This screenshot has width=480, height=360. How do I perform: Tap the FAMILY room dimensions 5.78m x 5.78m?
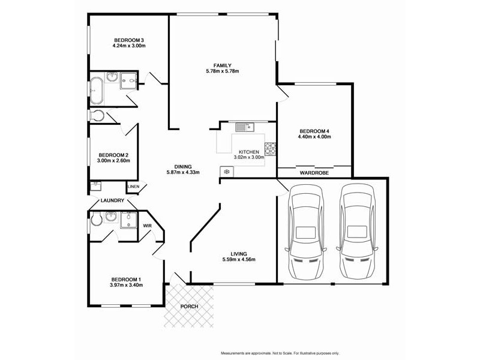pos(222,71)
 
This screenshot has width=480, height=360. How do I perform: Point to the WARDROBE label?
pos(314,173)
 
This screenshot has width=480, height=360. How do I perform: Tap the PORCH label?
pos(189,307)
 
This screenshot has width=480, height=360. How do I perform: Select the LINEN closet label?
pos(133,187)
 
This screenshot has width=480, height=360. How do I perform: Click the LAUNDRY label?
pos(113,200)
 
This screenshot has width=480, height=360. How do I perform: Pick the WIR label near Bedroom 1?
pos(147,226)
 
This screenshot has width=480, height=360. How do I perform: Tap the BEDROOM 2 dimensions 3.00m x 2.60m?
pos(114,161)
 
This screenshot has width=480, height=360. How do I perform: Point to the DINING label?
pos(183,166)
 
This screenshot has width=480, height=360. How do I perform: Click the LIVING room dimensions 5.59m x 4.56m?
pos(239,260)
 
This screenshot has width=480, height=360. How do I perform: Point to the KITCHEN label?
pos(249,152)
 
